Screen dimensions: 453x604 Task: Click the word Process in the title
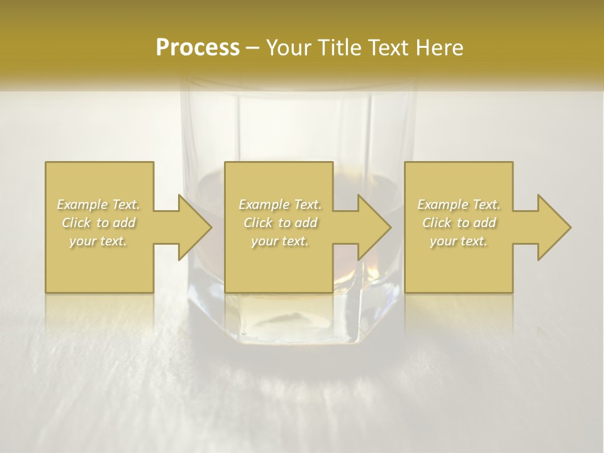pos(198,47)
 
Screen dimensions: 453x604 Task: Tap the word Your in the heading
pos(288,47)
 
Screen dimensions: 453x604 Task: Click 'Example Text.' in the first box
pos(99,204)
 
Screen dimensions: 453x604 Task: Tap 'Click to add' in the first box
pos(99,223)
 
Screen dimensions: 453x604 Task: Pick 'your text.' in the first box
pos(99,241)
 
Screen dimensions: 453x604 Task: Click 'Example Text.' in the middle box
pos(280,204)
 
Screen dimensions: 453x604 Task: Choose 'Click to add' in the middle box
pos(280,223)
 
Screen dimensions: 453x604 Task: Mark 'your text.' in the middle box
pos(280,241)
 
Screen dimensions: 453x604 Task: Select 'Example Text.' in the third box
pos(459,204)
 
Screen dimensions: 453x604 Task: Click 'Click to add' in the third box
pos(459,223)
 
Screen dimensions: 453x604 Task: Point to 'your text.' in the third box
pos(459,241)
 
